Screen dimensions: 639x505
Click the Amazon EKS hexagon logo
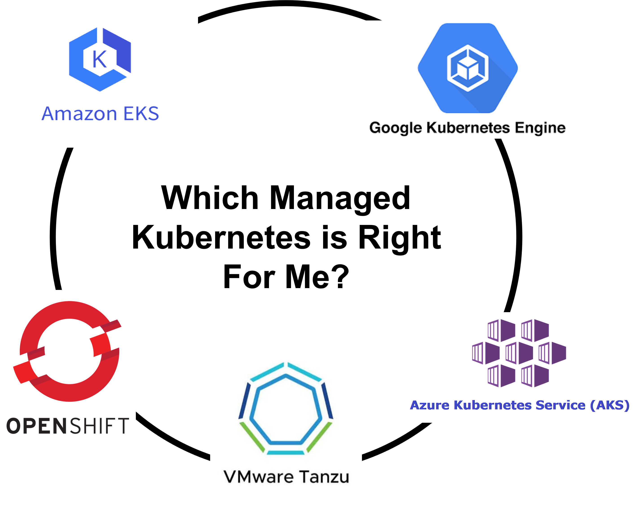click(x=100, y=59)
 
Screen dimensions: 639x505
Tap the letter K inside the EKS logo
click(x=99, y=59)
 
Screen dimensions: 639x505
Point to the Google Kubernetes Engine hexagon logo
click(x=468, y=68)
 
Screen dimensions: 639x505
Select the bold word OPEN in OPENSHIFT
click(x=37, y=426)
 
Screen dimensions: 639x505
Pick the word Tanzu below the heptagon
click(x=324, y=477)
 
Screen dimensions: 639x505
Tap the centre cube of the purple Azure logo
click(x=519, y=353)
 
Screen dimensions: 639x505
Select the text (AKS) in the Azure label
click(x=610, y=405)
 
